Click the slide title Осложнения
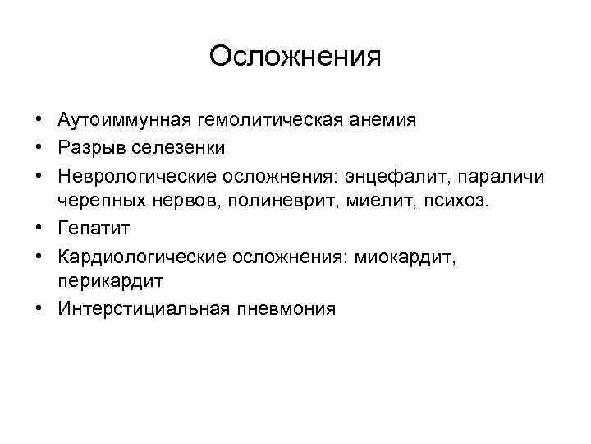(x=295, y=57)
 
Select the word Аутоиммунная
(x=122, y=120)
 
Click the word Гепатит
(x=93, y=229)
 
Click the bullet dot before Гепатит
(x=39, y=229)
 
